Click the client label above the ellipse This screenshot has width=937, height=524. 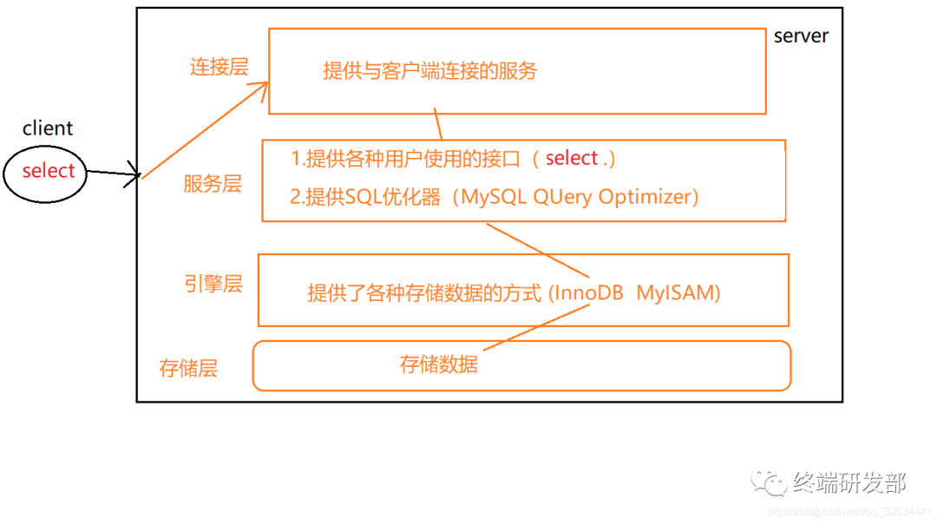(x=48, y=128)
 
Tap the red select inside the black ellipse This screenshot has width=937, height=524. (x=49, y=171)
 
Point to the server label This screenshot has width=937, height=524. (x=801, y=36)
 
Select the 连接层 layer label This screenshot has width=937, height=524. (x=219, y=67)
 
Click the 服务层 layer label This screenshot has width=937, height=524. (x=213, y=184)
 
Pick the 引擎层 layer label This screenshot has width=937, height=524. (x=213, y=284)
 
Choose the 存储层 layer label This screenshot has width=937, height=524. (x=188, y=368)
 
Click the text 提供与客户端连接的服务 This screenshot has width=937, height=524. (x=430, y=70)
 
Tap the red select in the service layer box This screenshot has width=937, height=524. (x=572, y=158)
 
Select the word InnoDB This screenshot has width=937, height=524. (x=586, y=293)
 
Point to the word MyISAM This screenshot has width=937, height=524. (x=678, y=293)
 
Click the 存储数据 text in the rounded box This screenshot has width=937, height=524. (x=438, y=364)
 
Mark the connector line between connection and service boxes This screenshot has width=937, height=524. (x=438, y=127)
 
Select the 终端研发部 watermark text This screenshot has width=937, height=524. (x=849, y=482)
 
